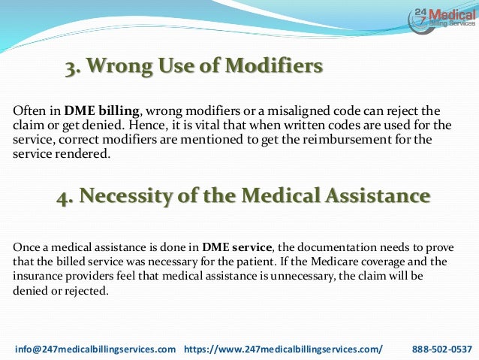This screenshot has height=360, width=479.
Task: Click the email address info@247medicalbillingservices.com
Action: pyautogui.click(x=95, y=349)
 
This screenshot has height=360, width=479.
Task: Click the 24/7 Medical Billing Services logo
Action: pyautogui.click(x=444, y=20)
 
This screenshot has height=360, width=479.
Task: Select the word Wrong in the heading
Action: pyautogui.click(x=117, y=68)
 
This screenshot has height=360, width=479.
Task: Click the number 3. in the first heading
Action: pyautogui.click(x=74, y=68)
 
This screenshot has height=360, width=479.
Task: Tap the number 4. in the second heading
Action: pyautogui.click(x=65, y=197)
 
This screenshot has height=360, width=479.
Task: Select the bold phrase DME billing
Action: pyautogui.click(x=95, y=111)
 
